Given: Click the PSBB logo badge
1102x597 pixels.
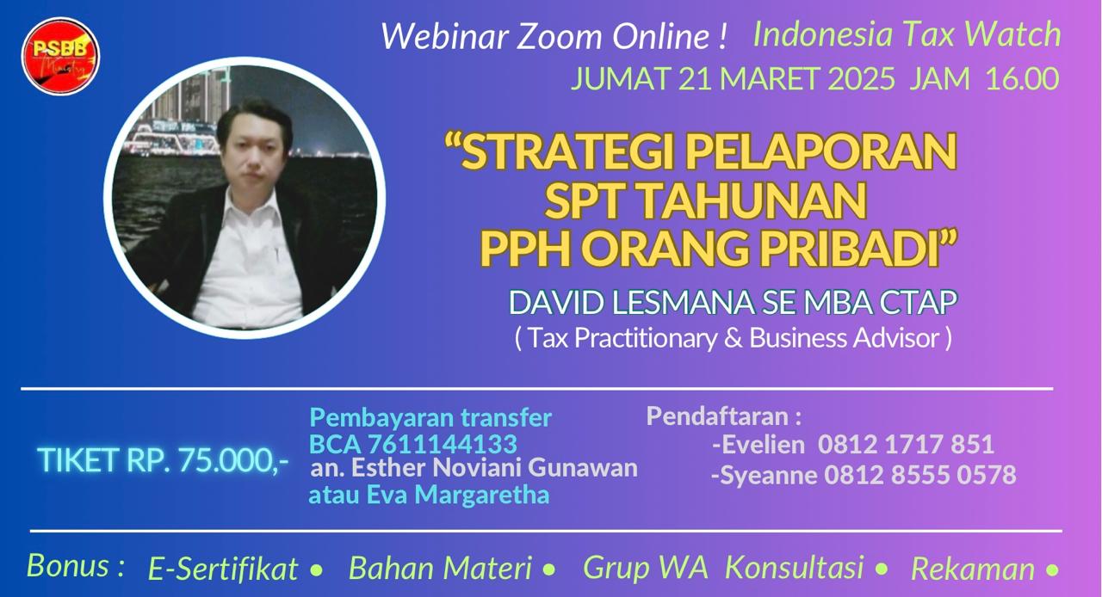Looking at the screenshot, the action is click(x=60, y=56).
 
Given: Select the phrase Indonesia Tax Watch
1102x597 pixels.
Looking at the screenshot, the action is click(x=907, y=34).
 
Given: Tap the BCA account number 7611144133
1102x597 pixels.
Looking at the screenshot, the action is click(x=443, y=444).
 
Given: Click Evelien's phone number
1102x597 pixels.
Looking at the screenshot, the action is click(x=906, y=444).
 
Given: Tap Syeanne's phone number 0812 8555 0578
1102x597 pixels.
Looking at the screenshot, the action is click(x=920, y=475).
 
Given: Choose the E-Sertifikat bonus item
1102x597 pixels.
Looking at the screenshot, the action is click(x=223, y=569).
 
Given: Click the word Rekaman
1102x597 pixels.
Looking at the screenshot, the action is click(x=973, y=569).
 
